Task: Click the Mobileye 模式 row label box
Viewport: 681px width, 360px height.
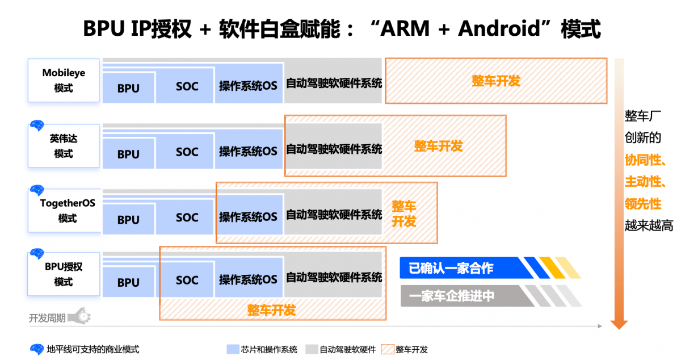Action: tap(64, 80)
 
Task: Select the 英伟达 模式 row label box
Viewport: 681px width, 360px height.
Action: tap(64, 146)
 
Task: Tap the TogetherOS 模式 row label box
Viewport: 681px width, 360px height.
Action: tap(65, 210)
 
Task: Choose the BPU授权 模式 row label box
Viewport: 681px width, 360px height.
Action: tap(64, 274)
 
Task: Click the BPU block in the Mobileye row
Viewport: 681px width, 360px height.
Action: tap(128, 87)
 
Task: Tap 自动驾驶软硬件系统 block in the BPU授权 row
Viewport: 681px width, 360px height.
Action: tap(334, 275)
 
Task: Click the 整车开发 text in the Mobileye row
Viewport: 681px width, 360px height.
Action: tap(496, 81)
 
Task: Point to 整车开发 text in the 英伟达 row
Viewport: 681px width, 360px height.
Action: tap(438, 146)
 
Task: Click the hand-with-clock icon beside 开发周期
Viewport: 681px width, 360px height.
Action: tap(79, 316)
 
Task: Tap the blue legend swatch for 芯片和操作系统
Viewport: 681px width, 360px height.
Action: tap(233, 349)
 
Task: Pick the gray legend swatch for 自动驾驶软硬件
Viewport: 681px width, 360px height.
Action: tap(312, 349)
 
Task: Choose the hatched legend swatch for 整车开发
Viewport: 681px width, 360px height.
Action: tap(388, 349)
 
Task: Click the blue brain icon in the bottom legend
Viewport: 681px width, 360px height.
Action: tap(37, 349)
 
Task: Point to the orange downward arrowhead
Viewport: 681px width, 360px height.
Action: tap(619, 324)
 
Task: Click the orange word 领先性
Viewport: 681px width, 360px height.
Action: tap(642, 204)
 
